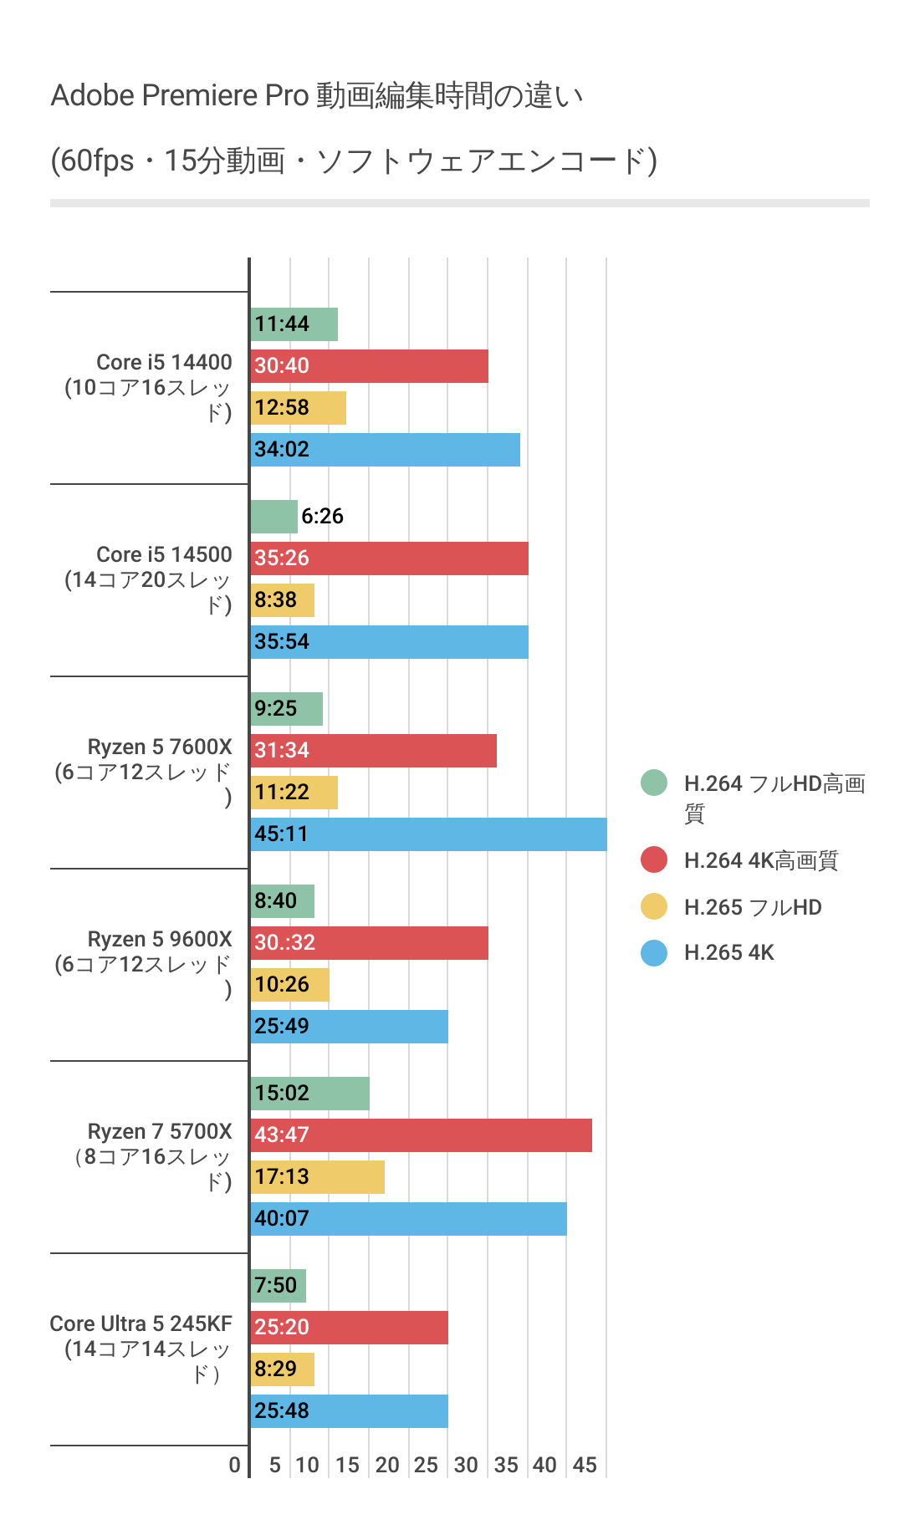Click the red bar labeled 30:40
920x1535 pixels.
click(x=369, y=366)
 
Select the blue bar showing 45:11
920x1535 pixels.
click(x=428, y=834)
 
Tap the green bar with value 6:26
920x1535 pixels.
click(x=273, y=517)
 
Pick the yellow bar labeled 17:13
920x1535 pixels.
click(x=317, y=1177)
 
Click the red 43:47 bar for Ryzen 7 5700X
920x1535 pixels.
click(x=421, y=1135)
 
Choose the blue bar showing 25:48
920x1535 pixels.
click(x=349, y=1411)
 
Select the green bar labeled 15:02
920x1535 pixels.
click(x=309, y=1094)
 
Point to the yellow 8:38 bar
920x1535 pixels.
click(x=282, y=600)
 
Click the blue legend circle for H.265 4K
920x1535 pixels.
click(x=654, y=953)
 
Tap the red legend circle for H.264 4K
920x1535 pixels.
click(x=654, y=859)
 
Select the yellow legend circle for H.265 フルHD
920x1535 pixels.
click(x=654, y=906)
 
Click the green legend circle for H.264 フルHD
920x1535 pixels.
click(x=654, y=783)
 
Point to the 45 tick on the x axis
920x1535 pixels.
click(x=585, y=1465)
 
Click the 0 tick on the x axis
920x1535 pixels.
click(x=235, y=1465)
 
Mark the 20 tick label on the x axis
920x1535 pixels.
click(x=387, y=1465)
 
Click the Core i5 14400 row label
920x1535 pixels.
click(x=164, y=363)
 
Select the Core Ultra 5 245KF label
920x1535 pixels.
click(x=141, y=1324)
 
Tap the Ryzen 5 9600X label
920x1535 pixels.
click(x=160, y=940)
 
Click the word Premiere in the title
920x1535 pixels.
click(x=201, y=96)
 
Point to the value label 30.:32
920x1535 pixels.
click(x=284, y=943)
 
